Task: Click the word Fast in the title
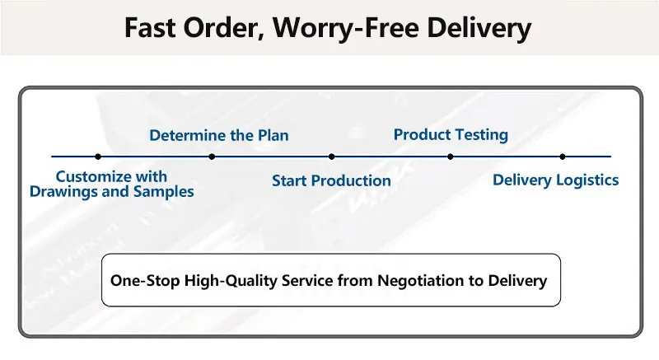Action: point(150,28)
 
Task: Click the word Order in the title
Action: point(223,29)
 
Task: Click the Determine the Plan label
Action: point(219,135)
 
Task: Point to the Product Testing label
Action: point(451,135)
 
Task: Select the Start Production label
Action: point(331,180)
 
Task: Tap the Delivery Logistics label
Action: point(555,180)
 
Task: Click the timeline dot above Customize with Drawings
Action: point(98,157)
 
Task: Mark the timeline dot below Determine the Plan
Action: point(212,157)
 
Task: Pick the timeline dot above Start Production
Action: point(332,157)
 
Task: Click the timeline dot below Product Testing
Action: point(451,157)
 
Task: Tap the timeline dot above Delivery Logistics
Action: point(563,157)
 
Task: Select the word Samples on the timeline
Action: point(163,192)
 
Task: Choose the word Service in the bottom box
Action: point(307,280)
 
